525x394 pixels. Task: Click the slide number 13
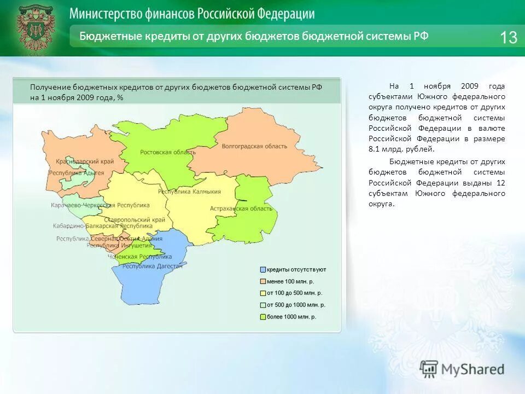click(508, 37)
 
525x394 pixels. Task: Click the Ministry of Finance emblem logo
click(36, 28)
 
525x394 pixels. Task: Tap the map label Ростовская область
click(163, 152)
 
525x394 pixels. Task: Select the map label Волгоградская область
click(254, 146)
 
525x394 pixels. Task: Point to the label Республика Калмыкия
click(189, 192)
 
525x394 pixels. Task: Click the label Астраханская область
click(241, 208)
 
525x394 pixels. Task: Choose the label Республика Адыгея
click(76, 172)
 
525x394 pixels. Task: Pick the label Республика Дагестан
click(153, 266)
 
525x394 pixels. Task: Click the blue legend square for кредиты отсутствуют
click(263, 270)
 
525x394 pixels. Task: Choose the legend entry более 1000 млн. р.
click(291, 317)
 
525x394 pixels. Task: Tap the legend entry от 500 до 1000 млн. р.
click(296, 305)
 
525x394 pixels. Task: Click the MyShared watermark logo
click(462, 369)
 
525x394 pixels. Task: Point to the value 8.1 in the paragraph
click(374, 149)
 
